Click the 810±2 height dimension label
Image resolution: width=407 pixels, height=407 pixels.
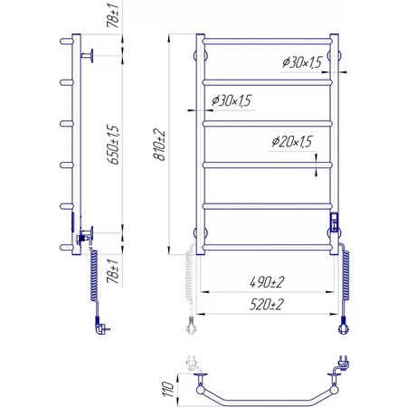[159, 145]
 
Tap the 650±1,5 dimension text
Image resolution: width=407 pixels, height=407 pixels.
[113, 145]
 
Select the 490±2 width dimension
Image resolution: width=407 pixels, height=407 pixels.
[267, 282]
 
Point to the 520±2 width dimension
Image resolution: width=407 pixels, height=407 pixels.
[267, 305]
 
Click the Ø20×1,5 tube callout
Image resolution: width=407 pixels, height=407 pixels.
[292, 141]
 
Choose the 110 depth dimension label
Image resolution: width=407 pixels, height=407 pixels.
[167, 389]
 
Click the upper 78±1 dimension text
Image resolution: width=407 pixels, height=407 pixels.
[113, 16]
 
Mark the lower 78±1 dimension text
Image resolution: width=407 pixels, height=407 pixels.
[113, 271]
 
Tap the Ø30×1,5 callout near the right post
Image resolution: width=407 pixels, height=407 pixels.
[302, 62]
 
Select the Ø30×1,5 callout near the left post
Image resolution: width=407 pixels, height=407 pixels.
[232, 100]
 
